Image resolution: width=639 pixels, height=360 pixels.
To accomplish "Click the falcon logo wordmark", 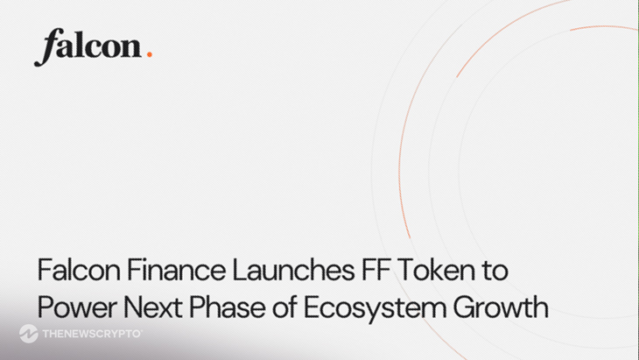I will [88, 47].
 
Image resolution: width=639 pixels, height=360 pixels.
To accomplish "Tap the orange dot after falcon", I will [150, 55].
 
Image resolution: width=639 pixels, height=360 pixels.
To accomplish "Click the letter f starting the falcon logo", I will [45, 49].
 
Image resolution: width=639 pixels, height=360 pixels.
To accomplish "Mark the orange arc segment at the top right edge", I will [604, 29].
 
